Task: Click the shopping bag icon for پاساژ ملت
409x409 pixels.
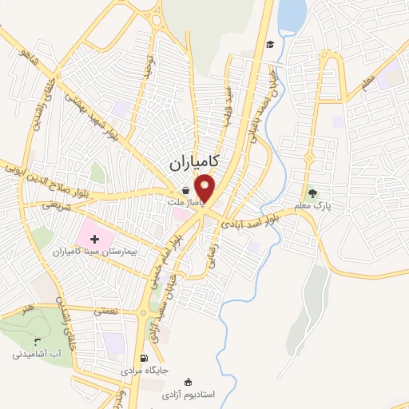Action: [185, 192]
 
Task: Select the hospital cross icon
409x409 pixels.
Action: [94, 237]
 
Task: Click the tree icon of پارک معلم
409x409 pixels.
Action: [312, 193]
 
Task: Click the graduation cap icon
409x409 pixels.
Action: [271, 44]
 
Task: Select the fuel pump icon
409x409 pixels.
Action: [143, 359]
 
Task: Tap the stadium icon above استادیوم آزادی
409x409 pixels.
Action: [188, 382]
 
